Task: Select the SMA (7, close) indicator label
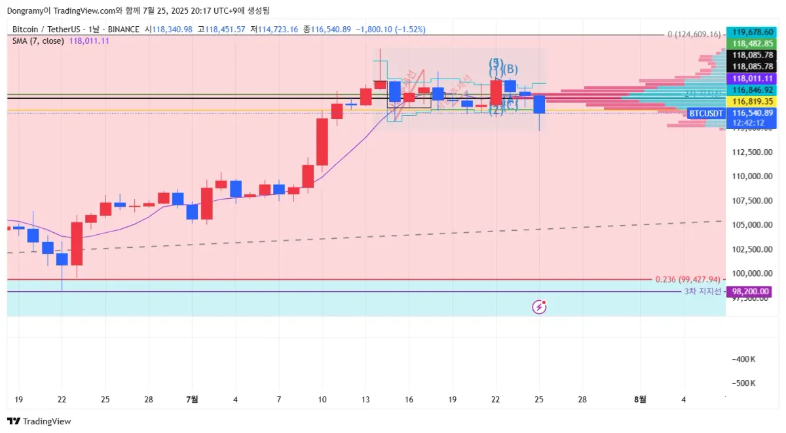pyautogui.click(x=38, y=41)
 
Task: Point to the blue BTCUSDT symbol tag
pyautogui.click(x=706, y=113)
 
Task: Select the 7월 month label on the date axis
pyautogui.click(x=192, y=399)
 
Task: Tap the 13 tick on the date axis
pyautogui.click(x=365, y=399)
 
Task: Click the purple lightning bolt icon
pyautogui.click(x=540, y=306)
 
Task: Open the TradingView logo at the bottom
pyautogui.click(x=39, y=421)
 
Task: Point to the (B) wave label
pyautogui.click(x=510, y=69)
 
